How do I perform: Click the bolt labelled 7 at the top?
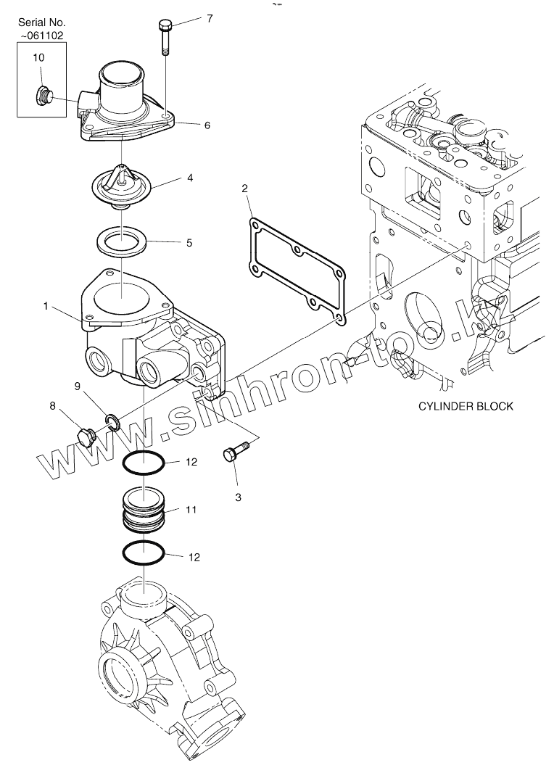(x=164, y=36)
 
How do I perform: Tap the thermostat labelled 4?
(x=122, y=187)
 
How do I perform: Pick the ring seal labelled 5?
(x=121, y=240)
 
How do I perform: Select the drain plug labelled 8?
(x=86, y=437)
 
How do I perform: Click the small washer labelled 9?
(x=113, y=420)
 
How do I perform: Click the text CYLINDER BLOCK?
(x=466, y=406)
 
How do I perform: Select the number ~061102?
(x=41, y=34)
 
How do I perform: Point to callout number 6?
(x=207, y=125)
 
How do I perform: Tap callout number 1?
(x=46, y=307)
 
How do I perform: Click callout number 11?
(x=191, y=510)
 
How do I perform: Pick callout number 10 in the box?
(x=39, y=56)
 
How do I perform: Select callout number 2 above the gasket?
(x=245, y=189)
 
